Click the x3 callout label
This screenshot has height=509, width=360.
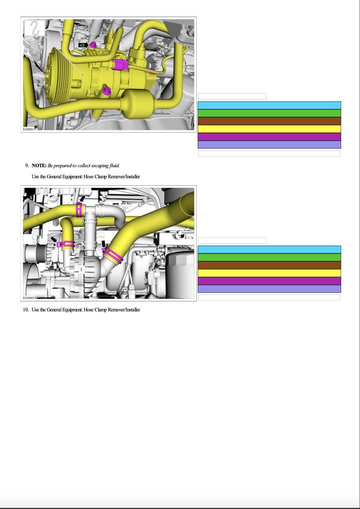pos(83,45)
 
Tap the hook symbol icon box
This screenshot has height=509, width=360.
pos(35,28)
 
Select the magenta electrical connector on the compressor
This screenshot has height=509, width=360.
pos(121,64)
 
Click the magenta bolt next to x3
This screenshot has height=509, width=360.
pos(93,45)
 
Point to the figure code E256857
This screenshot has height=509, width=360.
pos(28,129)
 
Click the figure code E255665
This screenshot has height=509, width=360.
pos(28,298)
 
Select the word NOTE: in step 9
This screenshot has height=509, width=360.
pos(39,166)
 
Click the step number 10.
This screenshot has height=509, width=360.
pos(26,310)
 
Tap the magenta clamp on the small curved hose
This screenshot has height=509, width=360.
pos(65,244)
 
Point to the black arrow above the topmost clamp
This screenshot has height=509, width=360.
pos(83,198)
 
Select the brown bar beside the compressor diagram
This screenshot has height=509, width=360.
pos(269,121)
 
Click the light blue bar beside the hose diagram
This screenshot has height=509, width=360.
pos(269,250)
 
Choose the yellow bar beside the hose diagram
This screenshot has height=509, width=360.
pos(269,273)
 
